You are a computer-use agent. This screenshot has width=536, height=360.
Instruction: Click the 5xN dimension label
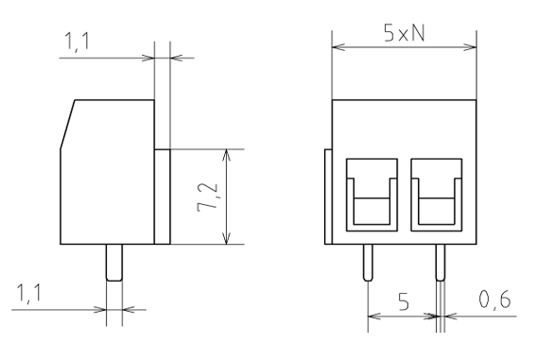tap(405, 34)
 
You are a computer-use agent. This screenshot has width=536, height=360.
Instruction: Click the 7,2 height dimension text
tap(207, 197)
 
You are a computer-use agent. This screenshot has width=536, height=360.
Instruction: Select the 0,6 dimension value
tap(494, 300)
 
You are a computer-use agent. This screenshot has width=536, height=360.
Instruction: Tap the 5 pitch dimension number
tap(404, 301)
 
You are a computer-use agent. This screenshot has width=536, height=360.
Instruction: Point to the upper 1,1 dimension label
tap(77, 42)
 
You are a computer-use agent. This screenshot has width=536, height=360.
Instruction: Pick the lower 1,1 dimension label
tap(29, 294)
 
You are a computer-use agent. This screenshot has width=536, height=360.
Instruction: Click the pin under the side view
tap(114, 263)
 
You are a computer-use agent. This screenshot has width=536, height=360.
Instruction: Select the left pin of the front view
tap(368, 263)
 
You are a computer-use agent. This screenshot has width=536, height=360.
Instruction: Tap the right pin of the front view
tap(441, 263)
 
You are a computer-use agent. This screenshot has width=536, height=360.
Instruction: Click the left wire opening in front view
tap(372, 195)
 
